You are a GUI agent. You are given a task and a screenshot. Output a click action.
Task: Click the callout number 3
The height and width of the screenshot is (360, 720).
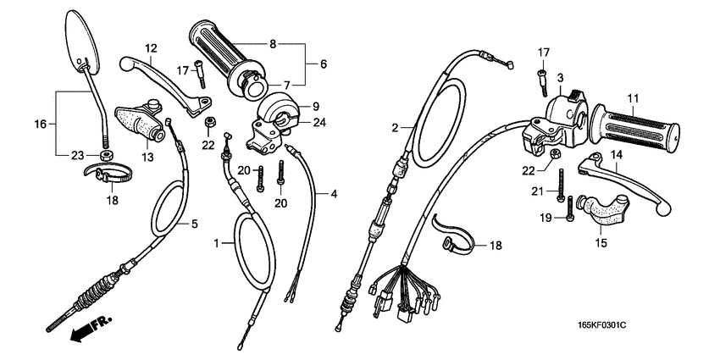point(560,78)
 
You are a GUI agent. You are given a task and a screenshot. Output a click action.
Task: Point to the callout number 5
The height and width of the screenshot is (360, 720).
point(194,224)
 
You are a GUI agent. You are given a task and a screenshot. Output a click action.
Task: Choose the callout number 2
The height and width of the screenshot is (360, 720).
point(394,127)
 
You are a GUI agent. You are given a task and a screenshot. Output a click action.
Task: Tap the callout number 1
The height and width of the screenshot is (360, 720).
point(216,243)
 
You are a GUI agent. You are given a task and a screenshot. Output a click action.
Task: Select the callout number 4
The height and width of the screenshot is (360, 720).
point(334,194)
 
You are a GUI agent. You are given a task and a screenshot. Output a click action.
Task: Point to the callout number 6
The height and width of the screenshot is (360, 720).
point(323,64)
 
